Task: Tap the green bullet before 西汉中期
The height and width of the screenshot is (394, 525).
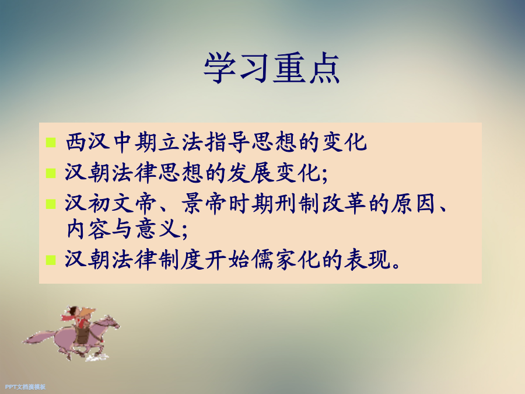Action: point(51,142)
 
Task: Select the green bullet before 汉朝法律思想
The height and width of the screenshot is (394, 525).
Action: point(51,173)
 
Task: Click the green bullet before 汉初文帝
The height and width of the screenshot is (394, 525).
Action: point(51,204)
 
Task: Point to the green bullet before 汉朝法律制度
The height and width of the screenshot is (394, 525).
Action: point(51,260)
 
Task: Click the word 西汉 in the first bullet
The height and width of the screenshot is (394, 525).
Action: point(88,142)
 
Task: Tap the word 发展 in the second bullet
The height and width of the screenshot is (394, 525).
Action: point(251,173)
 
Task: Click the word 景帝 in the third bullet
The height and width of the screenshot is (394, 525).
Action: point(204,204)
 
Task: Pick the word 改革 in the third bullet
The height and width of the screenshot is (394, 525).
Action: point(344,204)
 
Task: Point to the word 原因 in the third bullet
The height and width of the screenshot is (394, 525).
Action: point(414,204)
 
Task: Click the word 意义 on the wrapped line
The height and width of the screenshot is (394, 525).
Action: point(157,229)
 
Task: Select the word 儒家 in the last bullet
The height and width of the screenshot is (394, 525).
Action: point(275,260)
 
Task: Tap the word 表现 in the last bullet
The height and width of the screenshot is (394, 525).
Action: point(367,260)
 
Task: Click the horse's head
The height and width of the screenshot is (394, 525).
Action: point(111,322)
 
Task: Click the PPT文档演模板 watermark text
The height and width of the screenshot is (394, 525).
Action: point(26,387)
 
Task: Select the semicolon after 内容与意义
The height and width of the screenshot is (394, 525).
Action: point(184,232)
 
